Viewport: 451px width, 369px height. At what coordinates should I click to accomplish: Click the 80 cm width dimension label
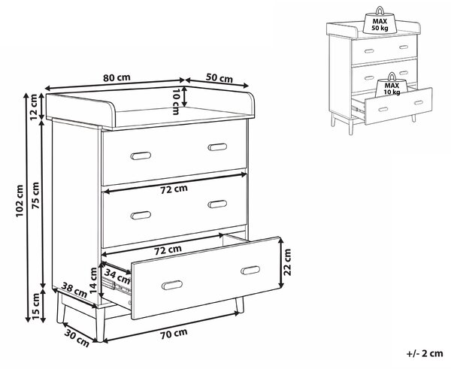(117, 77)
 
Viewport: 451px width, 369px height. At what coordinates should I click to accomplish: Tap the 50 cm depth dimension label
(219, 78)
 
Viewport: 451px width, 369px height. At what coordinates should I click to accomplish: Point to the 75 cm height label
(35, 195)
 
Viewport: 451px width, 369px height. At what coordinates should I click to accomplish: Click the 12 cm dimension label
(35, 107)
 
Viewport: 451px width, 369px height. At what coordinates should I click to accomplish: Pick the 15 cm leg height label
(35, 306)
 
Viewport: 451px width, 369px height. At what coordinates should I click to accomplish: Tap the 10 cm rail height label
(176, 101)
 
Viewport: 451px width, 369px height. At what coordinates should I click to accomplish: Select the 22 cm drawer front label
(287, 262)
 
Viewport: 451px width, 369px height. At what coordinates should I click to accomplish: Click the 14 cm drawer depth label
(93, 280)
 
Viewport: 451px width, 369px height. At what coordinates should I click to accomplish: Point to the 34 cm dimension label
(117, 276)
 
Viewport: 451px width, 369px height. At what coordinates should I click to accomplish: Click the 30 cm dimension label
(77, 337)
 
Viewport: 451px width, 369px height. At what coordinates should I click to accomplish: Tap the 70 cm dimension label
(174, 334)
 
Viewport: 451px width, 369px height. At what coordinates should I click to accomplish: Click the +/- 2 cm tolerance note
(425, 353)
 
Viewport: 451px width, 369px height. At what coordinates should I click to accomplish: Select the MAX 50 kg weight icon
(380, 20)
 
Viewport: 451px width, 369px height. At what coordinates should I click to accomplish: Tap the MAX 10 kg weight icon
(392, 85)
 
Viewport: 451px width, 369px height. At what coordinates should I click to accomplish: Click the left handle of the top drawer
(141, 156)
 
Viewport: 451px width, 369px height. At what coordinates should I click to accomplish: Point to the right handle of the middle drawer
(217, 204)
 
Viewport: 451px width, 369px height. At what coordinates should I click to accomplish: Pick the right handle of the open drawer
(250, 270)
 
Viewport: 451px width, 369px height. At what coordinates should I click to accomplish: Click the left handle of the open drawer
(172, 285)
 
